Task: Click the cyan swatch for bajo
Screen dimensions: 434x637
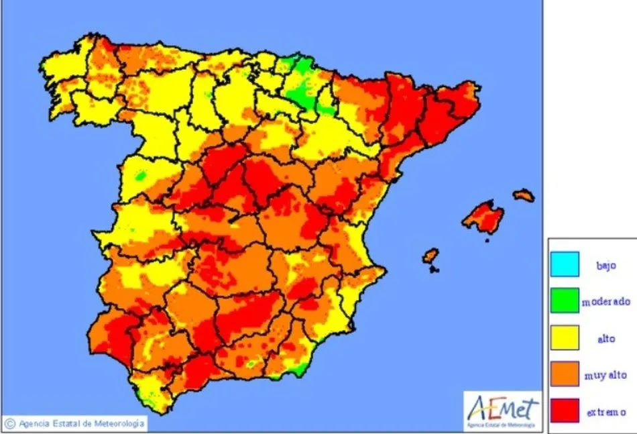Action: point(565,264)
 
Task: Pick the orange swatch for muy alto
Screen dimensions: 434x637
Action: point(565,374)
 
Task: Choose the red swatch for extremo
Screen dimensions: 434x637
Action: point(565,411)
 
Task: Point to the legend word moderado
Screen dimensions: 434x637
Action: point(606,302)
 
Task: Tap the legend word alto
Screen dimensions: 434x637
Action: point(606,339)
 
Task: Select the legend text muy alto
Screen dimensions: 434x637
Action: point(605,376)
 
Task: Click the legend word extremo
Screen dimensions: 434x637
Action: point(605,412)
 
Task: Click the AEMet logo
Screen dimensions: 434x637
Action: point(502,410)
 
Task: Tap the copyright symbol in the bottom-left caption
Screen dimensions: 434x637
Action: point(10,423)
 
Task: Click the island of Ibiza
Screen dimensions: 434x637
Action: point(430,256)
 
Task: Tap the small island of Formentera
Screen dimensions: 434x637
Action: point(435,270)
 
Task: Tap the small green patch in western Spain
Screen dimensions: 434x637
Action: point(141,177)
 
